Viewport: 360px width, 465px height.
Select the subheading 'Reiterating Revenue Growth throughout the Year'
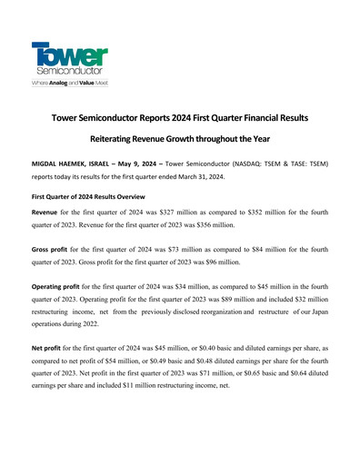[x=179, y=141]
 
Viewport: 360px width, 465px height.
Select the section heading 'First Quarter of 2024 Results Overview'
[x=87, y=195]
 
